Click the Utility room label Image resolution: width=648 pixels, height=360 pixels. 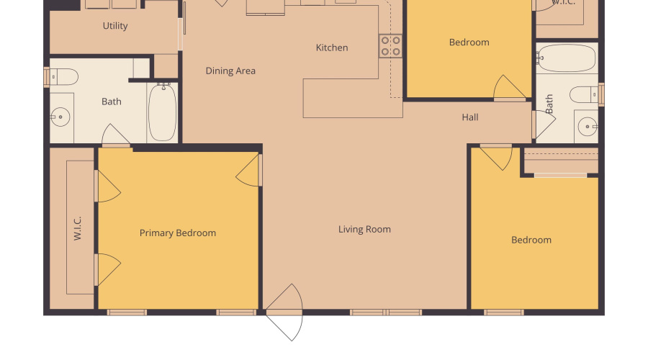click(x=115, y=26)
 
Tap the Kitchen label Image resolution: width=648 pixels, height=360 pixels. click(x=332, y=48)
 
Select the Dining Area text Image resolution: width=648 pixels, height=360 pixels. click(x=230, y=71)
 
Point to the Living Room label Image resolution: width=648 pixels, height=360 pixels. click(x=364, y=229)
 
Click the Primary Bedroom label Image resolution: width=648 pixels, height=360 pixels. click(x=177, y=233)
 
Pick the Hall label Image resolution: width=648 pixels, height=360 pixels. click(x=470, y=117)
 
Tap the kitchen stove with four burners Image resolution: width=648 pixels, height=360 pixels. click(x=391, y=46)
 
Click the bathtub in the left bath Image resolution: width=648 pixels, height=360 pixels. click(x=162, y=112)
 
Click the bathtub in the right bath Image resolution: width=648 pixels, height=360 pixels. click(x=567, y=58)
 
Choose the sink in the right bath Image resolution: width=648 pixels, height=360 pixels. click(x=588, y=127)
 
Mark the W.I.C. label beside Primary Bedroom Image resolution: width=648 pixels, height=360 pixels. click(x=78, y=228)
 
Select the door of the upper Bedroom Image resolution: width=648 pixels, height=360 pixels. click(x=510, y=89)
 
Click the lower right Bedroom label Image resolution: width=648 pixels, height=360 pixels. click(x=531, y=240)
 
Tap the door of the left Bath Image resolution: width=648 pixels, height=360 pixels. click(x=117, y=135)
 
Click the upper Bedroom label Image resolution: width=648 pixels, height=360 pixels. click(x=469, y=42)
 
